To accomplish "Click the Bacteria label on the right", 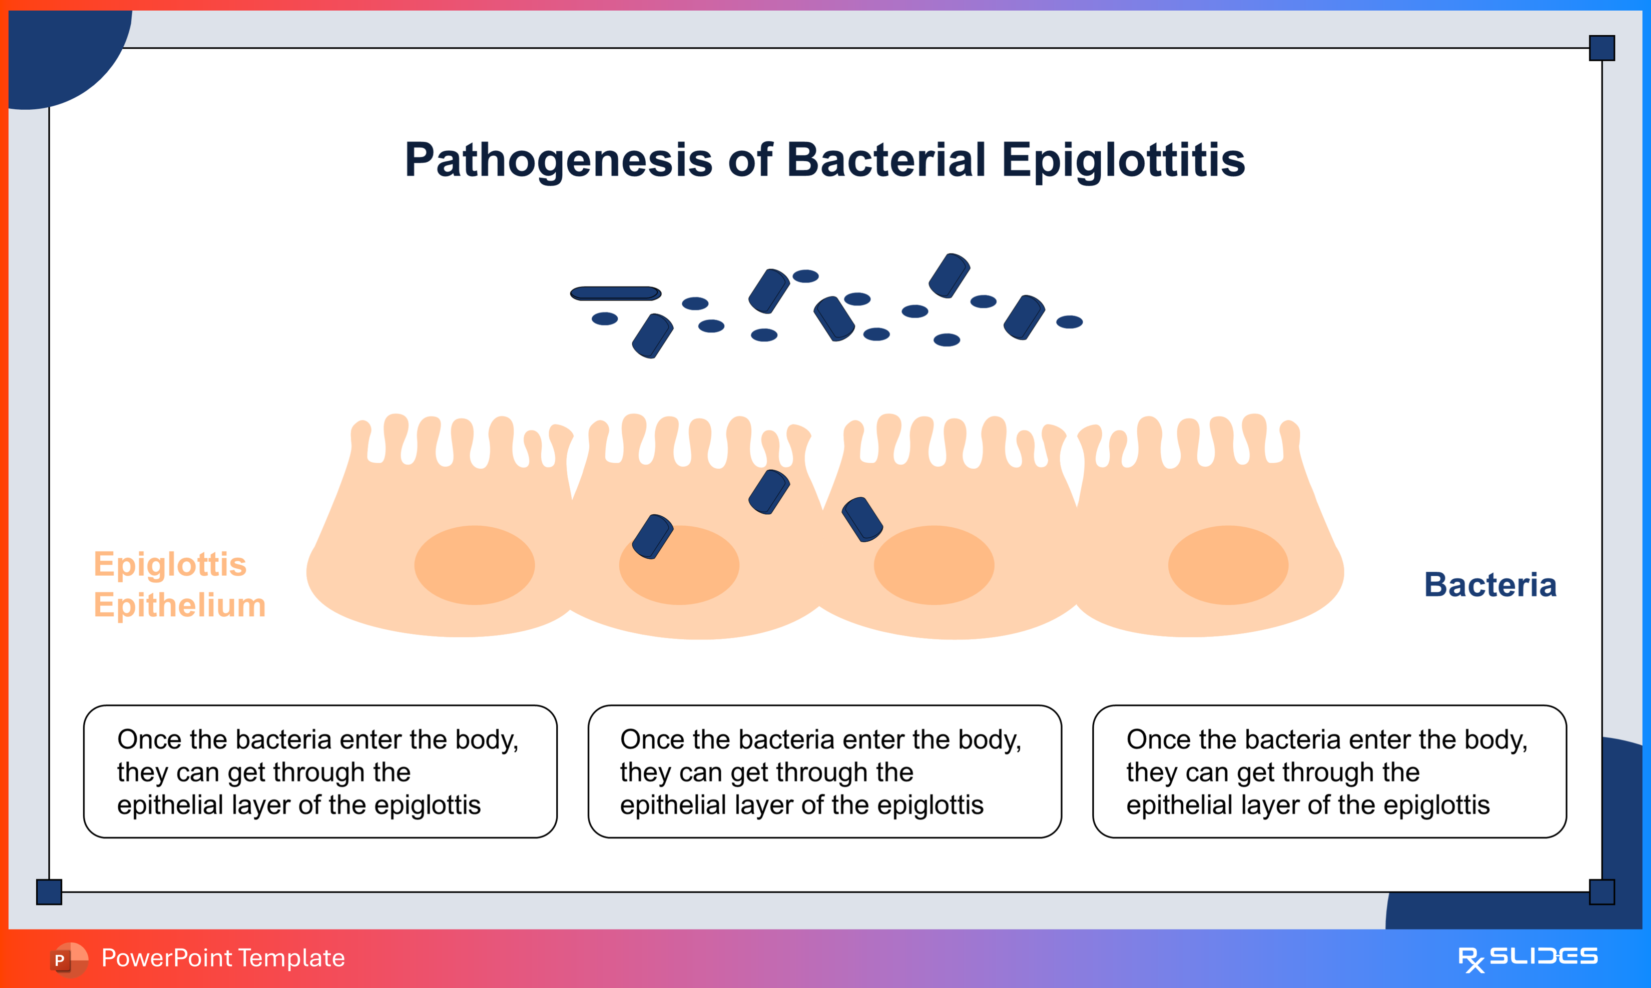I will pyautogui.click(x=1490, y=585).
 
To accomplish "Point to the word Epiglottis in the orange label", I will pyautogui.click(x=170, y=565).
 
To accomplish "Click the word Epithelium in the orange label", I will pyautogui.click(x=180, y=605).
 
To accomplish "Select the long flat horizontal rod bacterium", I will pyautogui.click(x=615, y=293).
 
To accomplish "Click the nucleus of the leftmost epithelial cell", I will pyautogui.click(x=474, y=565).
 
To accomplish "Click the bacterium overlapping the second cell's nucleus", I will pyautogui.click(x=653, y=537).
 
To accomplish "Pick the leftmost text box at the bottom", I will pyautogui.click(x=320, y=771).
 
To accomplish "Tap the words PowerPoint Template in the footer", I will pyautogui.click(x=223, y=958).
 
